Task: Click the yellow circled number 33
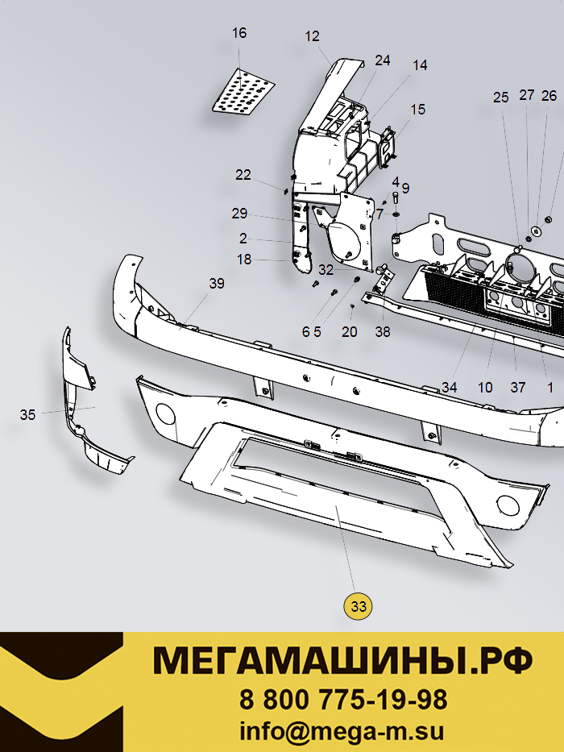point(359,606)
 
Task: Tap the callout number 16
point(239,33)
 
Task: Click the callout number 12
point(312,36)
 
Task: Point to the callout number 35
point(28,415)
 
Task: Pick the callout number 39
point(217,284)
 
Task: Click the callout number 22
point(243,175)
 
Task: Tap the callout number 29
point(239,214)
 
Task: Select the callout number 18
point(244,260)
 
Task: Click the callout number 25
point(500,98)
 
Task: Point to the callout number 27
point(527,95)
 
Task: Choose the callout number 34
point(450,387)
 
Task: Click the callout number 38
point(383,332)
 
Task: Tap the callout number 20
point(349,332)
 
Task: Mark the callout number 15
point(417,110)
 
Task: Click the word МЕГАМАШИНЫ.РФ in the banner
point(342,661)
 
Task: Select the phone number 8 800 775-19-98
point(343,700)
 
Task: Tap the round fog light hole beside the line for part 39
point(166,413)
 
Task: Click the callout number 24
point(382,60)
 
